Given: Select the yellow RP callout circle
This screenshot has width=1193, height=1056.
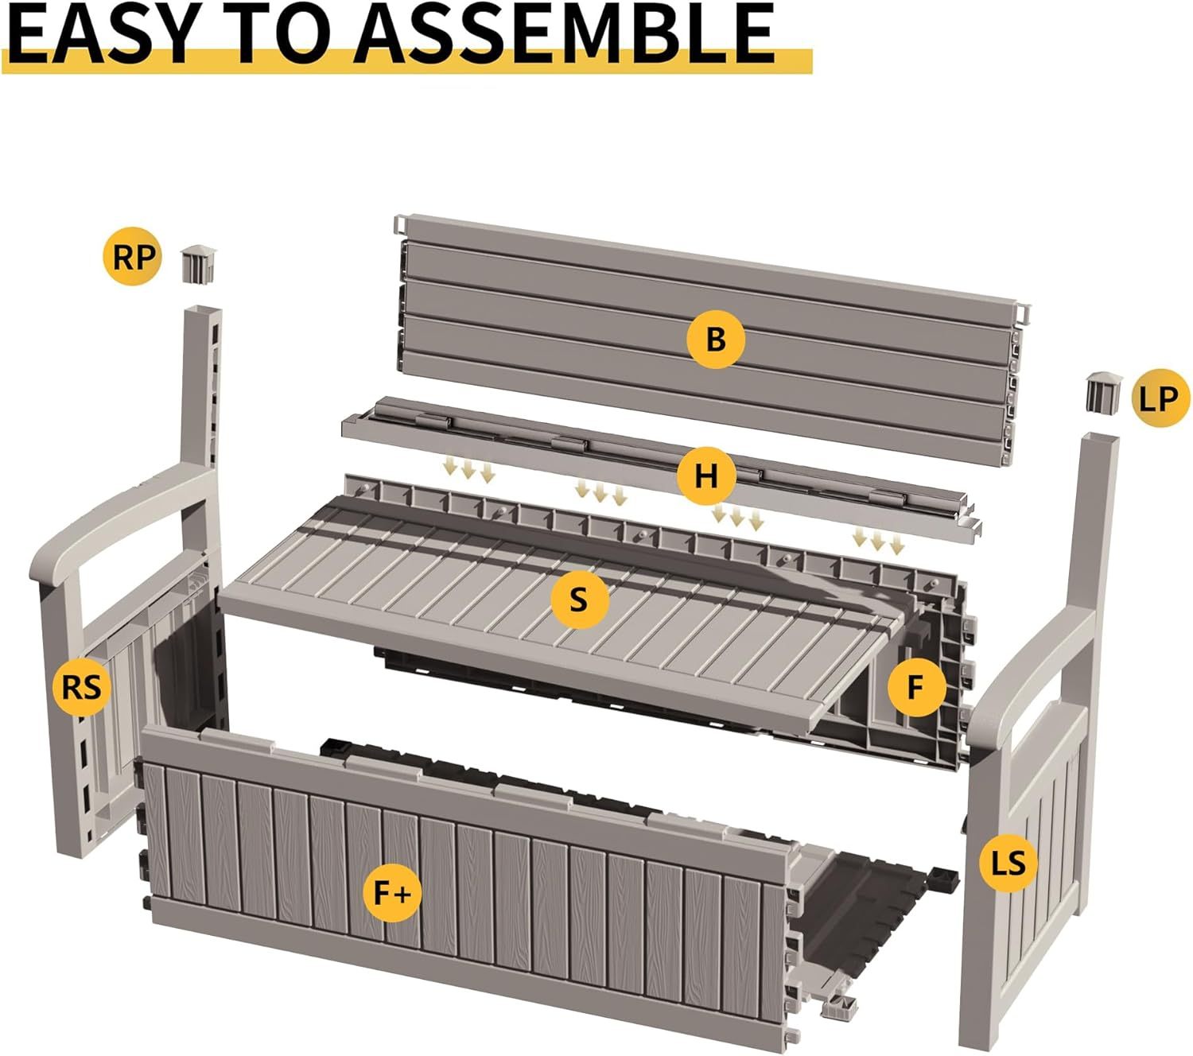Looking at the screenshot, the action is click(132, 257).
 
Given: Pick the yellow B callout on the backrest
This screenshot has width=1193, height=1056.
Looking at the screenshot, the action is click(716, 340).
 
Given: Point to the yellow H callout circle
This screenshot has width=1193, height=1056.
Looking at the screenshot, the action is click(706, 476).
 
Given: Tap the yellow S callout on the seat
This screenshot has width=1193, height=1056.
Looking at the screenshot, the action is click(580, 599).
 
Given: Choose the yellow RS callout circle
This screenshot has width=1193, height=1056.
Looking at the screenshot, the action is click(81, 688).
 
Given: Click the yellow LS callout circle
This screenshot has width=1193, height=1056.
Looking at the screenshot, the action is click(1008, 864).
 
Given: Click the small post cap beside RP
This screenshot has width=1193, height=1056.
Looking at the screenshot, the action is click(198, 265).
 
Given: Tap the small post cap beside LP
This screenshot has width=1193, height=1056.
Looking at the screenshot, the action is click(1103, 391).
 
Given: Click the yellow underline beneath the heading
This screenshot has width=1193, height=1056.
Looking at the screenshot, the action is click(406, 62).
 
